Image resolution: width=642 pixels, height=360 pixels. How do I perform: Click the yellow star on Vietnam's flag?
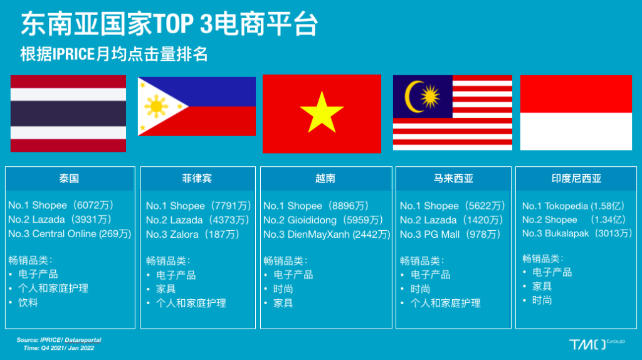click(322, 113)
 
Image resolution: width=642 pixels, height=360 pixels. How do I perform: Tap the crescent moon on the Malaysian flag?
click(411, 97)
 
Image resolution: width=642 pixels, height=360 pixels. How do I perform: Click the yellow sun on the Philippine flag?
click(156, 107)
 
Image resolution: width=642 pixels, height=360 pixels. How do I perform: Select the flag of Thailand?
click(68, 114)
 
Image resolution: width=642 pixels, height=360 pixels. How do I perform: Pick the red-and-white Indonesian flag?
click(576, 113)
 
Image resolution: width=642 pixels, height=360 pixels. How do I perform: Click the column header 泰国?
click(69, 179)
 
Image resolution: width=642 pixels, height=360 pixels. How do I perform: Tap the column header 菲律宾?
click(197, 179)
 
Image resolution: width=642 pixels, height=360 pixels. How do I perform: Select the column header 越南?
click(325, 179)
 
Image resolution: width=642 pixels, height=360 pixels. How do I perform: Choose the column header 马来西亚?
click(453, 179)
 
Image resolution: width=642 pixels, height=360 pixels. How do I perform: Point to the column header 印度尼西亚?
click(576, 179)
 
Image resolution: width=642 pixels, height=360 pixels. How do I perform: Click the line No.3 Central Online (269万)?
click(70, 234)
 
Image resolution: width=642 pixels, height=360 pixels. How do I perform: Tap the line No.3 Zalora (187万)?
click(192, 235)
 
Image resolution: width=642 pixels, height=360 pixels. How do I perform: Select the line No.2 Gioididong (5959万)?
click(324, 220)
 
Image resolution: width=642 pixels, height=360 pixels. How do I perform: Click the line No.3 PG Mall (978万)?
click(450, 235)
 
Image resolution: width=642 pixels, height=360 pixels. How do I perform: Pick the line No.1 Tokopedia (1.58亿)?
click(574, 206)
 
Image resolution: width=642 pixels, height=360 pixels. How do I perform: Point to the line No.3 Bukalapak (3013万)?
click(577, 233)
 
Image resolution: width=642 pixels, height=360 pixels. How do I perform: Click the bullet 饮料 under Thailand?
click(28, 303)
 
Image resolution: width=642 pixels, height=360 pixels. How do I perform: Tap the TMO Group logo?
click(597, 344)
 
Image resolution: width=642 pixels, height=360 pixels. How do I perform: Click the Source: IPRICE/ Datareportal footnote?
click(58, 340)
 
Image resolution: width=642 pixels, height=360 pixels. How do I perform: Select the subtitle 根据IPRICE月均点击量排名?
click(114, 54)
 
